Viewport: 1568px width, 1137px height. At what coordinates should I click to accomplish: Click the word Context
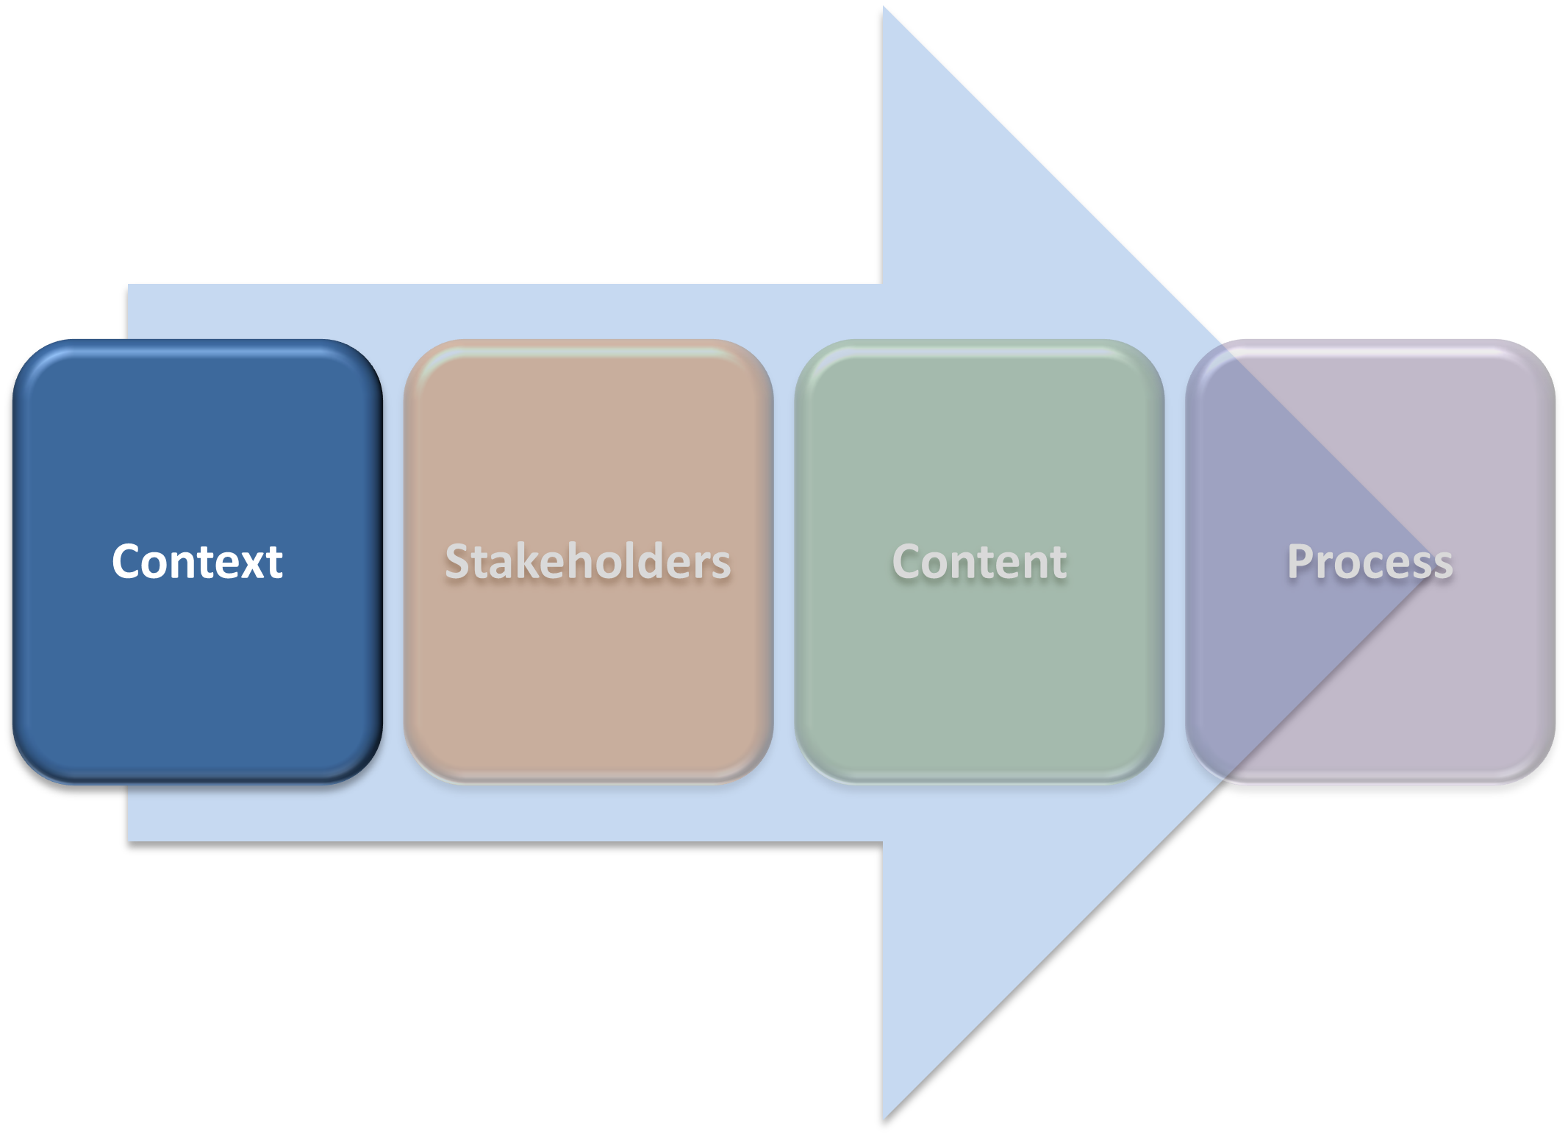(197, 562)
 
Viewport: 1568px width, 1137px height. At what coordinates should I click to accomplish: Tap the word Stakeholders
(588, 562)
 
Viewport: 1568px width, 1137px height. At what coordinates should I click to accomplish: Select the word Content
(979, 562)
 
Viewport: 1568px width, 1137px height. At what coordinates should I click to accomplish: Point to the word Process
(1370, 562)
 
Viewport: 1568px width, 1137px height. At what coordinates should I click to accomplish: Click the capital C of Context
(127, 562)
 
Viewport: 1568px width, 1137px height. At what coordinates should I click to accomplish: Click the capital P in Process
(1301, 561)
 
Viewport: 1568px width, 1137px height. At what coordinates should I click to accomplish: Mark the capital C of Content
(908, 562)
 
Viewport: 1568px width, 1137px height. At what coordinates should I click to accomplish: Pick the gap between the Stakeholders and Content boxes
(784, 562)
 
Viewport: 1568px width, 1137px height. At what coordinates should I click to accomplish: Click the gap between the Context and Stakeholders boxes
(393, 562)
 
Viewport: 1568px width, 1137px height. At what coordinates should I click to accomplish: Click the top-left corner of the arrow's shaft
(130, 286)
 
